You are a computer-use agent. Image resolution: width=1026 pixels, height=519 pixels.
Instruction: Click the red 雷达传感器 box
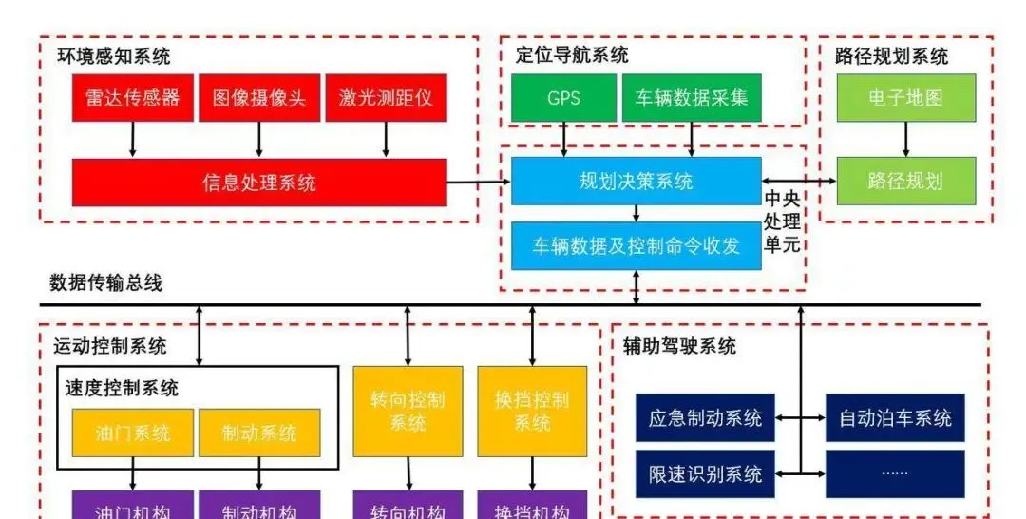(132, 98)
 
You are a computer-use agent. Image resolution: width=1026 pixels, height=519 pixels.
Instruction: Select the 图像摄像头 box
(258, 98)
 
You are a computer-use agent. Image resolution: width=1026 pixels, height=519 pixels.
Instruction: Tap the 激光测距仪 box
(385, 98)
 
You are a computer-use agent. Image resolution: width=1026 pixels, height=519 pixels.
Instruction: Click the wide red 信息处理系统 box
(259, 182)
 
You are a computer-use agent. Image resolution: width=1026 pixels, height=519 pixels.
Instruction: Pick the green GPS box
(563, 98)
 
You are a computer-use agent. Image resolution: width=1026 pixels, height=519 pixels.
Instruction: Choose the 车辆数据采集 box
(692, 98)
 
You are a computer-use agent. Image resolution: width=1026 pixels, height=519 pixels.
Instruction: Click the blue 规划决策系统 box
(636, 181)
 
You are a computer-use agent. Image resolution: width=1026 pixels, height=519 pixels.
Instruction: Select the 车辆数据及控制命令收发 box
(636, 245)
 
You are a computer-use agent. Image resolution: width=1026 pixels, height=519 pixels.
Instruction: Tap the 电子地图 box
(904, 98)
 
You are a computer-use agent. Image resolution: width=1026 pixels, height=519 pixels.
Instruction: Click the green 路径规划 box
(904, 181)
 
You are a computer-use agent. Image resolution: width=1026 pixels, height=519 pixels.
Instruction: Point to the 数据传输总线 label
(105, 282)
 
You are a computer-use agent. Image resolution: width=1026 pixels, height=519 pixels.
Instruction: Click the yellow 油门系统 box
(132, 432)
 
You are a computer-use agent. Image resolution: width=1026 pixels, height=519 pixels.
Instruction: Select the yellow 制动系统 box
(259, 432)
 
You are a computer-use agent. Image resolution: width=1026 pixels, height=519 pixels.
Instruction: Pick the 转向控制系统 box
(408, 411)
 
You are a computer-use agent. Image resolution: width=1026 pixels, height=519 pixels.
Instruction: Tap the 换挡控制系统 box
(532, 411)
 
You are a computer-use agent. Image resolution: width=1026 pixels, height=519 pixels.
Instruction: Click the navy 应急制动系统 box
(705, 417)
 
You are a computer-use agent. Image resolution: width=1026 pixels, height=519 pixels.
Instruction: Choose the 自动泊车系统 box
(895, 417)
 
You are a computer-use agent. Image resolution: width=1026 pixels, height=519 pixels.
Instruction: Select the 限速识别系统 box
(705, 473)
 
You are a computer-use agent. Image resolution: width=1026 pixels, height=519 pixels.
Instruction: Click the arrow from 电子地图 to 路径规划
(904, 139)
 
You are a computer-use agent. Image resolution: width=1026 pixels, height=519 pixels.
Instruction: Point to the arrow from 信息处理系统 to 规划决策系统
(479, 182)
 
